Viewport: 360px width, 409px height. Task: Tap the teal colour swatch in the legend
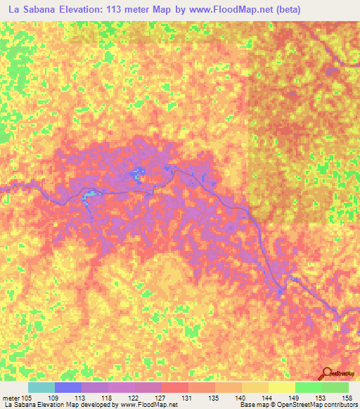pos(41,388)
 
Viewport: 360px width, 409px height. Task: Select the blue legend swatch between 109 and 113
pos(68,388)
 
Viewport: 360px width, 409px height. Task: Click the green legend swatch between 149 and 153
pos(309,388)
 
